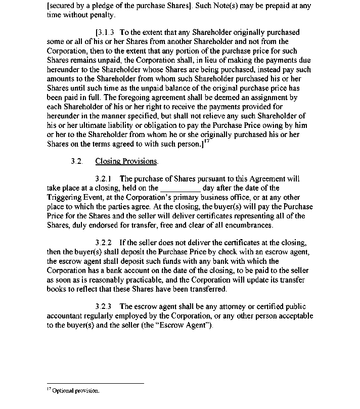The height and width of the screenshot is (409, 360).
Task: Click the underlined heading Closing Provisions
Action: coord(126,161)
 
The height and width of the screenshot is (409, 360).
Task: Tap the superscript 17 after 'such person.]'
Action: coord(206,142)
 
